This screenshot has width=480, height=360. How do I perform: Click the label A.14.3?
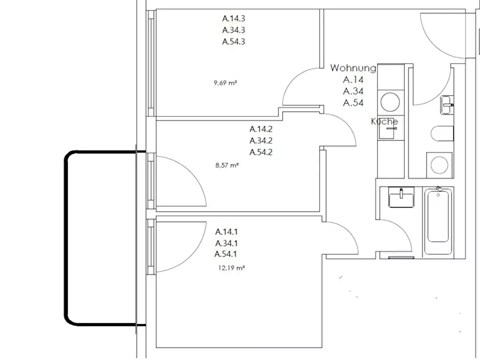coord(234,19)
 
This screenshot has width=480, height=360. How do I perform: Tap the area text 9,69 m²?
coord(226,83)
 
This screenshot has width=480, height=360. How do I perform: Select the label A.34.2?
coord(261,141)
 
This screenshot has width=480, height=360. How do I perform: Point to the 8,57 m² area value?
coord(227,165)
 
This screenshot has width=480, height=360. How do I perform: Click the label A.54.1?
coord(226,254)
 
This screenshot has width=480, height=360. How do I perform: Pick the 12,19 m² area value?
coord(232,268)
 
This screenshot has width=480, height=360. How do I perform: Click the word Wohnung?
coord(353,68)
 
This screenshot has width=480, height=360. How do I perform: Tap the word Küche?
coord(384,121)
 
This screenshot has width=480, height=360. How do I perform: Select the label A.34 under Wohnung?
coord(353,91)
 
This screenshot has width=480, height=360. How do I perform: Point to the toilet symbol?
coord(442,133)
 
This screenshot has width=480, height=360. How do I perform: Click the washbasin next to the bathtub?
coord(401,197)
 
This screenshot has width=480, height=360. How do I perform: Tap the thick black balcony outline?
coord(65,238)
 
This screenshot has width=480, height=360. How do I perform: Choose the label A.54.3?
coord(234,41)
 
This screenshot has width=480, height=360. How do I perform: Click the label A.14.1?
coord(226,232)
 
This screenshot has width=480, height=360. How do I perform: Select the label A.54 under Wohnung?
coord(353,103)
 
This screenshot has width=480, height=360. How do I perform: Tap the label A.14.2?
coord(261,129)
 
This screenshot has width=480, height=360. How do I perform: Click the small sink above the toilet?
coord(447,105)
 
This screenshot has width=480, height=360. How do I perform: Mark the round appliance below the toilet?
coord(439,165)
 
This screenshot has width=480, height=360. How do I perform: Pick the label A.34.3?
coord(234,30)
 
